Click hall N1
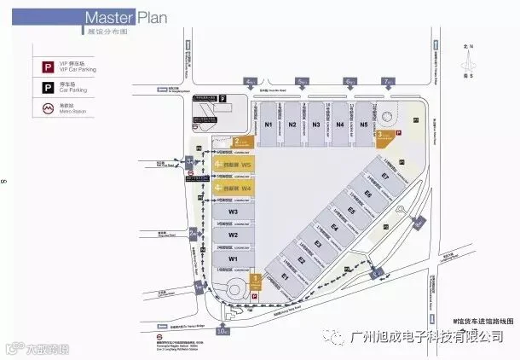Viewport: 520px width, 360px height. click(269, 125)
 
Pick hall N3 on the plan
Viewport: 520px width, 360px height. click(316, 125)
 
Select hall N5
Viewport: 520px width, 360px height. click(364, 125)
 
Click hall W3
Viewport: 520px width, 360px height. click(232, 212)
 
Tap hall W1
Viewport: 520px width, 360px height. click(232, 257)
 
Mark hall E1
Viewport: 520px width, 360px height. click(286, 277)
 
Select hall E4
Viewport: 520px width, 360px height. click(335, 229)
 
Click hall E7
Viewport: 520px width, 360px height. click(384, 177)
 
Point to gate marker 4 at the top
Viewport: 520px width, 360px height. click(250, 82)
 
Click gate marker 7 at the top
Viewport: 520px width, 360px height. click(388, 82)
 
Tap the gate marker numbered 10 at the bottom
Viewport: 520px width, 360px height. click(222, 330)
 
